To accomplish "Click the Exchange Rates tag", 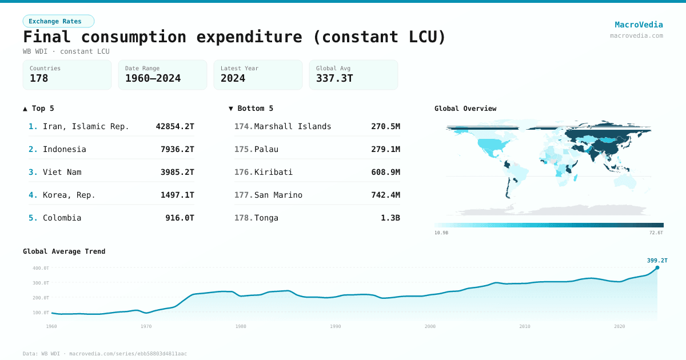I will [x=58, y=21].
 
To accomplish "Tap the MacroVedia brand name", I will [x=639, y=25].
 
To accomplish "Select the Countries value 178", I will [x=39, y=79].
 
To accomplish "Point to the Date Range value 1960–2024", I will [x=153, y=79].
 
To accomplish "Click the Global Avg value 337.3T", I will [x=334, y=79].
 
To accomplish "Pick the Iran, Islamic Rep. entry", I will [x=86, y=126].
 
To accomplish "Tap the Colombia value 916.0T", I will [x=180, y=218].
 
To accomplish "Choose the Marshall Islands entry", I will [x=292, y=126].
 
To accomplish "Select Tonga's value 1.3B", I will [x=390, y=218].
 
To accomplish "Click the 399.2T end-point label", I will [x=657, y=260].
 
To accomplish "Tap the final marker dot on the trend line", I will [x=657, y=267].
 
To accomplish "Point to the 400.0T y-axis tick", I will [x=41, y=268].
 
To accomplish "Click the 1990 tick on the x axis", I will [x=335, y=326].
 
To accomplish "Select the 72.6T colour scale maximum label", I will [x=656, y=233].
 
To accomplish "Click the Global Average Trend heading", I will [x=64, y=251].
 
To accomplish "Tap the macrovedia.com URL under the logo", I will [x=636, y=35].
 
